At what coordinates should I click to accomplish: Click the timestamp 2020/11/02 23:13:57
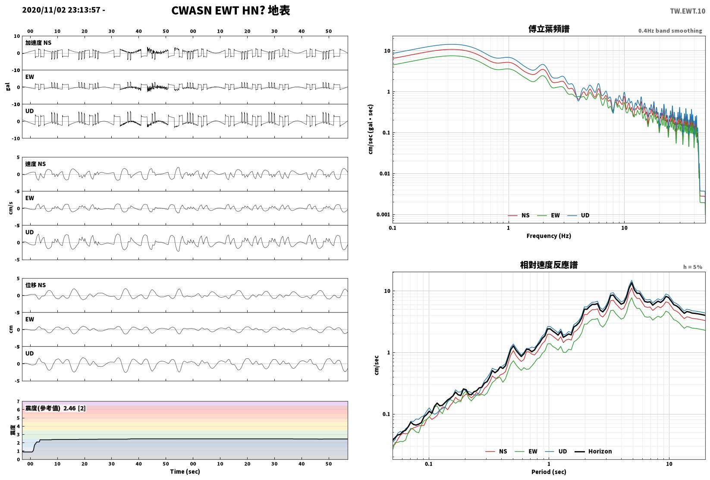tap(61, 10)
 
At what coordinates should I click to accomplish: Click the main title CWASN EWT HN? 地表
tap(230, 10)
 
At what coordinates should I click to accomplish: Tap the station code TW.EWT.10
tap(688, 11)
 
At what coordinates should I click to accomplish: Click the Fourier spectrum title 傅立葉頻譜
tap(549, 29)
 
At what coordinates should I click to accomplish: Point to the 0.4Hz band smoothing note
tap(670, 31)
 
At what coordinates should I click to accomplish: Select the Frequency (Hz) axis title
tap(549, 236)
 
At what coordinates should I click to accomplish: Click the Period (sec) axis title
tap(549, 472)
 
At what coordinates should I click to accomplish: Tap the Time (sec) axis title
tap(185, 471)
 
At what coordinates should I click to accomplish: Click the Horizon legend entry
tap(594, 451)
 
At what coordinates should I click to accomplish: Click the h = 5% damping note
tap(693, 267)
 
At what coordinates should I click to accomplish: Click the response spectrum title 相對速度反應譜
tap(549, 265)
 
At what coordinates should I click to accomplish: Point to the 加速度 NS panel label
tap(38, 43)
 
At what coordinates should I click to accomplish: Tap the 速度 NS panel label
tap(35, 164)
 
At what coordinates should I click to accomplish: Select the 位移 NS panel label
tap(35, 285)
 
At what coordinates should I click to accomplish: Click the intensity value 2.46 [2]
tap(75, 408)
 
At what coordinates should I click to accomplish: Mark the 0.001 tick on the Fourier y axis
tap(383, 214)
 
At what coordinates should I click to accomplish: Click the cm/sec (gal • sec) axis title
tap(371, 129)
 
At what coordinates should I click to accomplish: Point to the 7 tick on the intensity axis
tap(19, 402)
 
